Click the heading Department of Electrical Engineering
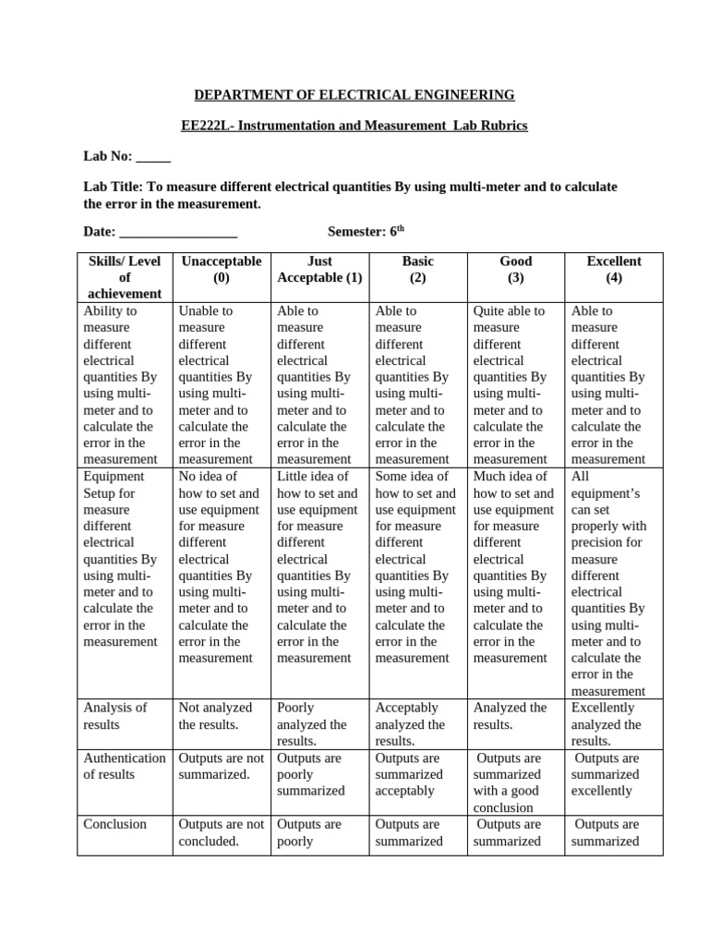coord(354,95)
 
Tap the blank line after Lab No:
coord(153,157)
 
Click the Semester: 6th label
coord(367,231)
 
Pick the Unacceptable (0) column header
coord(221,270)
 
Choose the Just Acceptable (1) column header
coord(319,270)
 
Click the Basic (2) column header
coord(417,270)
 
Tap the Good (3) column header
coord(515,270)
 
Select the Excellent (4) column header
coord(614,270)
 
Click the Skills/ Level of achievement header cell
coord(124,277)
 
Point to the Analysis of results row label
coord(115,716)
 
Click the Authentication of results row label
coord(124,766)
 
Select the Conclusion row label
coord(114,824)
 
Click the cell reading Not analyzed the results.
coord(214,716)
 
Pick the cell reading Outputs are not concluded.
coord(221,832)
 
